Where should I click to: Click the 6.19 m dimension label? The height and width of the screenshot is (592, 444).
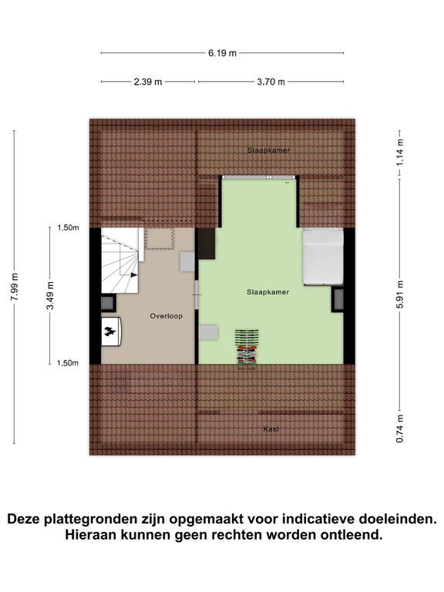222,53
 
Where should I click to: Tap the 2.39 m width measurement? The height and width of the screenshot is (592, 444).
148,82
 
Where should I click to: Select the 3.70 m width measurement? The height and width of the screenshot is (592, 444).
271,82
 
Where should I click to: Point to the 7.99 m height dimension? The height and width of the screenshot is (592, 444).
15,287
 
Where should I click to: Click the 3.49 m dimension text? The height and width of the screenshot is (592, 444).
50,295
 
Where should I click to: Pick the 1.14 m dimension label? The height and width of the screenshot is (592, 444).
400,153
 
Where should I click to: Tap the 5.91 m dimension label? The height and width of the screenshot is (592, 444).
400,294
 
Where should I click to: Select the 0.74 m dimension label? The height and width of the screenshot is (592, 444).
400,429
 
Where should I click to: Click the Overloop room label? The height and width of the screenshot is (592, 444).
166,316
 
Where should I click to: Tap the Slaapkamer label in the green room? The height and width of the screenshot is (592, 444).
268,292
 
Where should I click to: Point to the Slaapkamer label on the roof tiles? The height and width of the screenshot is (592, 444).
269,150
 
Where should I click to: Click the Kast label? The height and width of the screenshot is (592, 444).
271,429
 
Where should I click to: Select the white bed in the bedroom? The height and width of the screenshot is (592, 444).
323,257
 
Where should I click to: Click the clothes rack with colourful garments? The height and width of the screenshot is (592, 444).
247,347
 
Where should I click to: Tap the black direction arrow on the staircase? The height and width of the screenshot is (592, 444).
134,275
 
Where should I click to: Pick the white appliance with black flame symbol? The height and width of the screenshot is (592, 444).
111,331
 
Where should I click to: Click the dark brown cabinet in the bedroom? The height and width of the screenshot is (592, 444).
207,244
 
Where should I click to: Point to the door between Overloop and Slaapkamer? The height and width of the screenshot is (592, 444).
197,295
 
